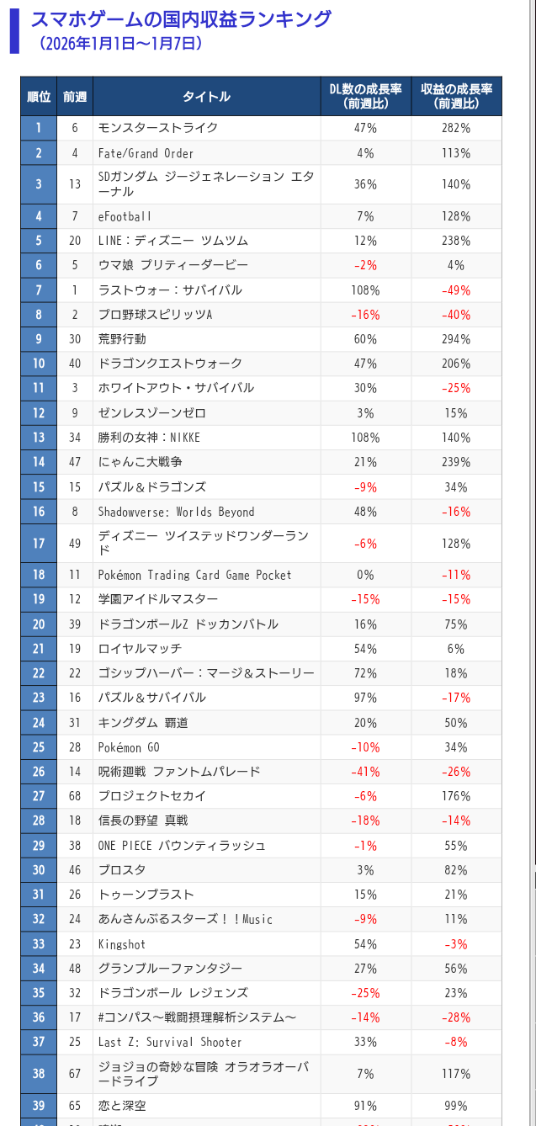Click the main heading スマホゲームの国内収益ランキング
(180, 19)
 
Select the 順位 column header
(39, 97)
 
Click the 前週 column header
(75, 97)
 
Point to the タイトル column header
(206, 97)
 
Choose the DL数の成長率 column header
(365, 96)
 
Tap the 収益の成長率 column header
(456, 96)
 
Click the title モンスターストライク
(158, 128)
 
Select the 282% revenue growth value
(456, 128)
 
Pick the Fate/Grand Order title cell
(146, 153)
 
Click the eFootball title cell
(125, 216)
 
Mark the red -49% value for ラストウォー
(456, 290)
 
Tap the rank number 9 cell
(39, 339)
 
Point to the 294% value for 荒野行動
(456, 339)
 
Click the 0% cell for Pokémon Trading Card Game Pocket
(365, 575)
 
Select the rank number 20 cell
(39, 624)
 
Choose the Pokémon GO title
(129, 747)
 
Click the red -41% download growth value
(365, 772)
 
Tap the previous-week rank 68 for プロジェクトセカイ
(75, 796)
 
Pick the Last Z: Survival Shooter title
(170, 1042)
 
